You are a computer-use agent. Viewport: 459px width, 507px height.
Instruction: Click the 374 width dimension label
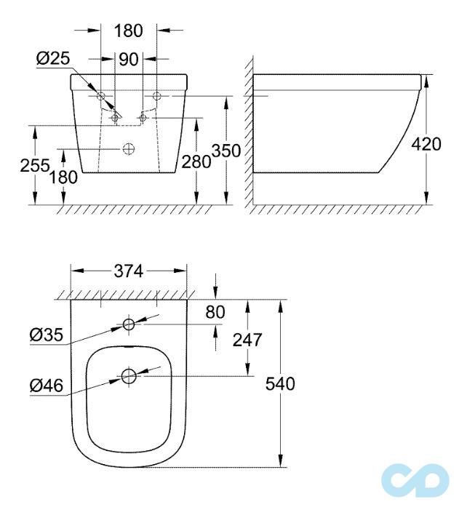pyautogui.click(x=129, y=271)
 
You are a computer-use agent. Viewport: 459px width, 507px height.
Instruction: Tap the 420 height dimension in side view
pyautogui.click(x=426, y=144)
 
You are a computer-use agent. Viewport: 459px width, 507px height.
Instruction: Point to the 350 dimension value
pyautogui.click(x=225, y=150)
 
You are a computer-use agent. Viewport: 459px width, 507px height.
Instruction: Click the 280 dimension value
pyautogui.click(x=196, y=161)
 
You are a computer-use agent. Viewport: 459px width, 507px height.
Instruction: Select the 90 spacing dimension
pyautogui.click(x=129, y=59)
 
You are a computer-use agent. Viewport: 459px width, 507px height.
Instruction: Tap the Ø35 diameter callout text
pyautogui.click(x=45, y=335)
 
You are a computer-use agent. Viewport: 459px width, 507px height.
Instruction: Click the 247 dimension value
pyautogui.click(x=247, y=339)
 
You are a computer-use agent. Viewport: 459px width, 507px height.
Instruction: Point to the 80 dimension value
pyautogui.click(x=215, y=312)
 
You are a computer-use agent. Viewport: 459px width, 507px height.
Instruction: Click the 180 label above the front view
pyautogui.click(x=129, y=31)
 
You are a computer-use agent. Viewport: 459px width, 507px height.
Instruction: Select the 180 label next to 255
pyautogui.click(x=64, y=177)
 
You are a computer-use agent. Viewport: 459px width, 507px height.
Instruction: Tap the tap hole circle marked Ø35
pyautogui.click(x=129, y=324)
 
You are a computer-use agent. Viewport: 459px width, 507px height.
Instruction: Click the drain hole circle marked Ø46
pyautogui.click(x=129, y=377)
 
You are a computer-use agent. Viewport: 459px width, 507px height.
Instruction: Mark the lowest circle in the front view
pyautogui.click(x=129, y=149)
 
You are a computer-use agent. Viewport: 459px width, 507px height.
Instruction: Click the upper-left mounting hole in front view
pyautogui.click(x=101, y=96)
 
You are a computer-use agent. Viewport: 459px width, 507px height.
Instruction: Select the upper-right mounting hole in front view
pyautogui.click(x=156, y=96)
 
